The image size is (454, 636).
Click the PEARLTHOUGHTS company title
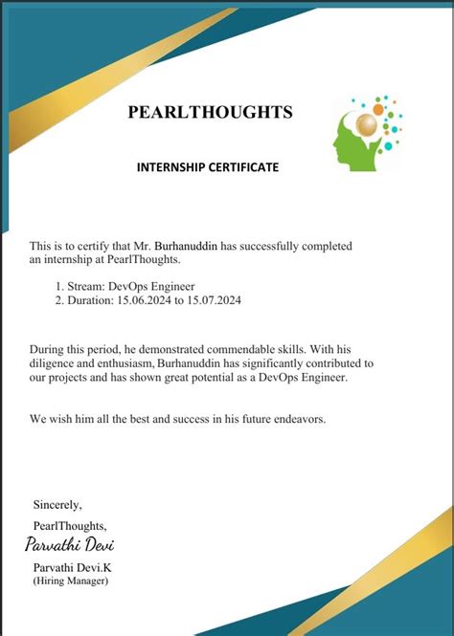210,113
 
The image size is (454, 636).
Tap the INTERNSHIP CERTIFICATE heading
208,167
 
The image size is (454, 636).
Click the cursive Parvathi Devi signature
71,546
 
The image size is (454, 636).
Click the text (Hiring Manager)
71,581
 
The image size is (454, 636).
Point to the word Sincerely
57,504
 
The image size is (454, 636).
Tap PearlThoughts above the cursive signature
69,525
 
